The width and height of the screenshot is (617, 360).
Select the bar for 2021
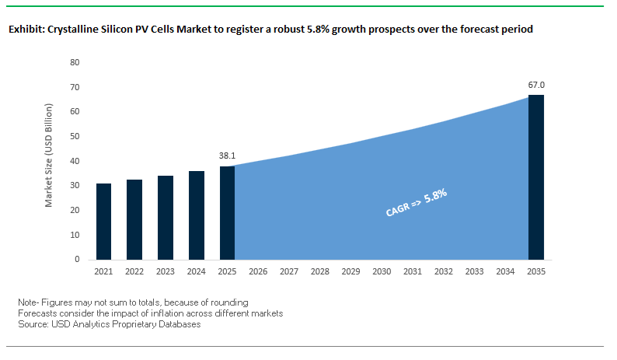(103, 222)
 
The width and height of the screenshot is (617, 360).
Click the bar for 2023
(165, 218)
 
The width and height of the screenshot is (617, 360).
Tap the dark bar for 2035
(535, 177)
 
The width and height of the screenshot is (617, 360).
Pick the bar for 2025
(227, 212)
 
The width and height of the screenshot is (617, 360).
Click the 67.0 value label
(535, 84)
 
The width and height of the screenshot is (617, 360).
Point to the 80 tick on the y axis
(75, 62)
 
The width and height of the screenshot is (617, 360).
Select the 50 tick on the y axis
(75, 136)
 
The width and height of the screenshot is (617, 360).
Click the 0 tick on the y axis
(78, 259)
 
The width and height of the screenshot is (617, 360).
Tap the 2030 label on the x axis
(381, 272)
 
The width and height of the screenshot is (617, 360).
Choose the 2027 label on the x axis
(288, 272)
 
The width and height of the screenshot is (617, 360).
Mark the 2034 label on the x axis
(504, 272)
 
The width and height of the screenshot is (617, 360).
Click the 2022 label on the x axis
(134, 272)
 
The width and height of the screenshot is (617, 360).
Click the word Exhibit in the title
(26, 30)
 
